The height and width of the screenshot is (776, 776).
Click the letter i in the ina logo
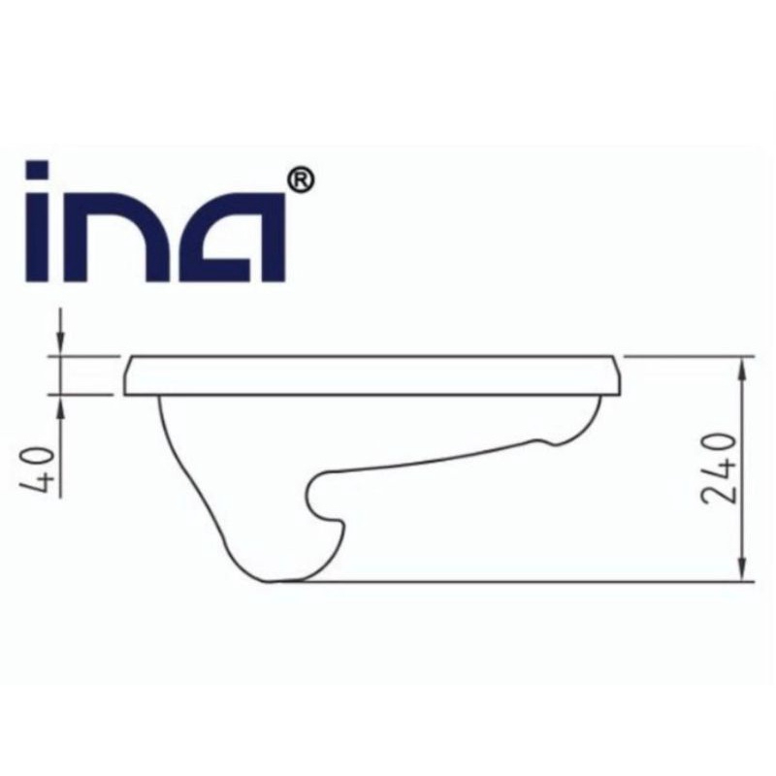point(38,221)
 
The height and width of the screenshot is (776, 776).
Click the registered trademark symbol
point(301,180)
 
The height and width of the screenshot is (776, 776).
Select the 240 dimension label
point(720,469)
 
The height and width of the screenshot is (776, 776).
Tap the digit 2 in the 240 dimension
point(720,493)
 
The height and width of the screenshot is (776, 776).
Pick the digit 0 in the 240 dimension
point(720,444)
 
